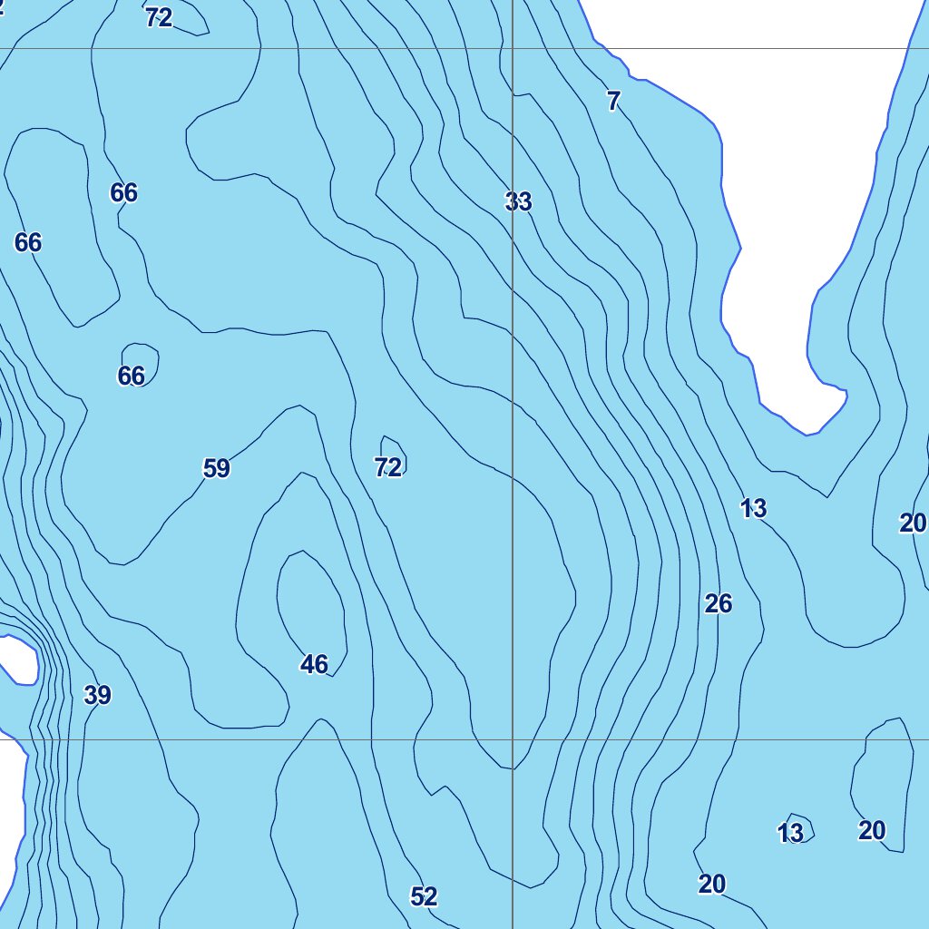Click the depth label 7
point(613,102)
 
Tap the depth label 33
point(518,201)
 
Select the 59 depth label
point(216,469)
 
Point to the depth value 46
point(314,665)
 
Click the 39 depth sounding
point(97,696)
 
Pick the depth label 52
point(424,897)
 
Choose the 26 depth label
point(718,604)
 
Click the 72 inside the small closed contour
point(388,468)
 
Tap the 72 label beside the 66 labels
point(159,17)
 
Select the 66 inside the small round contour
point(132,376)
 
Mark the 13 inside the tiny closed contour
point(790,833)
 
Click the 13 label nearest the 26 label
point(753,510)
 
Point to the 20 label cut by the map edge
point(913,523)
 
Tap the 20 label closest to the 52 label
point(712,884)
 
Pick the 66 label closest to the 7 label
point(124,192)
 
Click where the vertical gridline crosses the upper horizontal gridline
point(513,49)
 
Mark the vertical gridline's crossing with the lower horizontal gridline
point(513,739)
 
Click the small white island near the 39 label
point(15,659)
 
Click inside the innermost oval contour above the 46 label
point(309,599)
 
